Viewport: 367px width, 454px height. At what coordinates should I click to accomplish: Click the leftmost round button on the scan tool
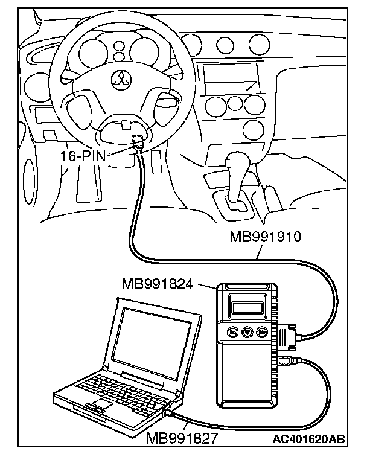coord(232,331)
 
